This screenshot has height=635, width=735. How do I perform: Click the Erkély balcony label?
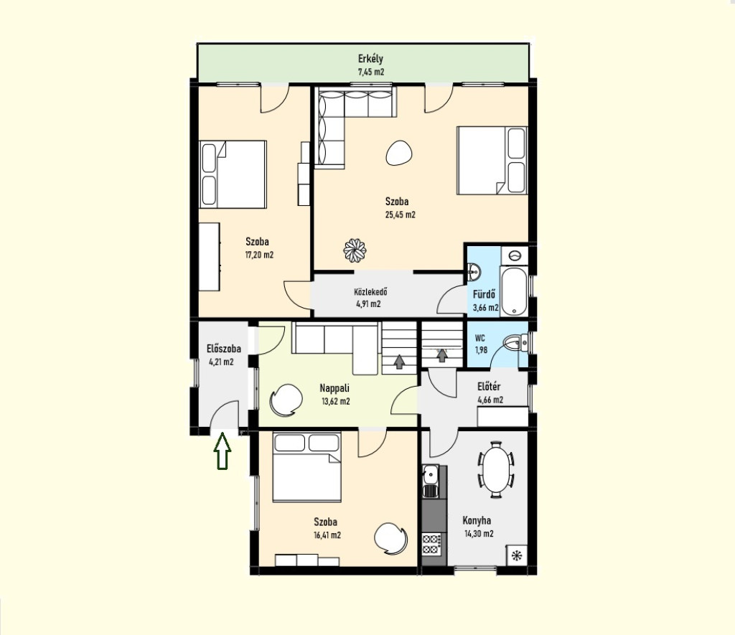(370, 59)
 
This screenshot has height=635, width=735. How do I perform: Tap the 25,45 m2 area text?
(400, 215)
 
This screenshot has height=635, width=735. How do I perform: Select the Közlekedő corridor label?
(370, 292)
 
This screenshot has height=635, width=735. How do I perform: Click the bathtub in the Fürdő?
(514, 291)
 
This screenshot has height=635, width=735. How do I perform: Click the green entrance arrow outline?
(223, 451)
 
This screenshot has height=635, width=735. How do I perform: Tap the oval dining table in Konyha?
(496, 469)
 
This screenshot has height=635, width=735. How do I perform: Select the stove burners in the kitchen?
(431, 544)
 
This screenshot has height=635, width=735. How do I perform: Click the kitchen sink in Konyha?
(430, 481)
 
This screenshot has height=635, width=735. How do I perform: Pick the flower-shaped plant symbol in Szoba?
(355, 250)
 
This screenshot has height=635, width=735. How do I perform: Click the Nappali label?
(334, 388)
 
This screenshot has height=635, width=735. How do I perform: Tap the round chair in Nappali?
(286, 400)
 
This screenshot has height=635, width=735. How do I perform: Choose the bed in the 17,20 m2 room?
(233, 174)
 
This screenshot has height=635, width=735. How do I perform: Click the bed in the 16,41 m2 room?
(306, 467)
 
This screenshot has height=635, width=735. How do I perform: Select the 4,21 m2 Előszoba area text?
(221, 362)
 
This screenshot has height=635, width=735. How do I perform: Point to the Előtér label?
(489, 387)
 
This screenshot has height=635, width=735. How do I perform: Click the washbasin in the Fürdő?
(474, 271)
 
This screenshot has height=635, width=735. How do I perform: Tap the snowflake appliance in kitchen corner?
(517, 555)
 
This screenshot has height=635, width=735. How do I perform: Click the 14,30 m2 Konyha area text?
(479, 533)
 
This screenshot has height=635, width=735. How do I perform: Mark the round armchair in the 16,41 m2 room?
(391, 539)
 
